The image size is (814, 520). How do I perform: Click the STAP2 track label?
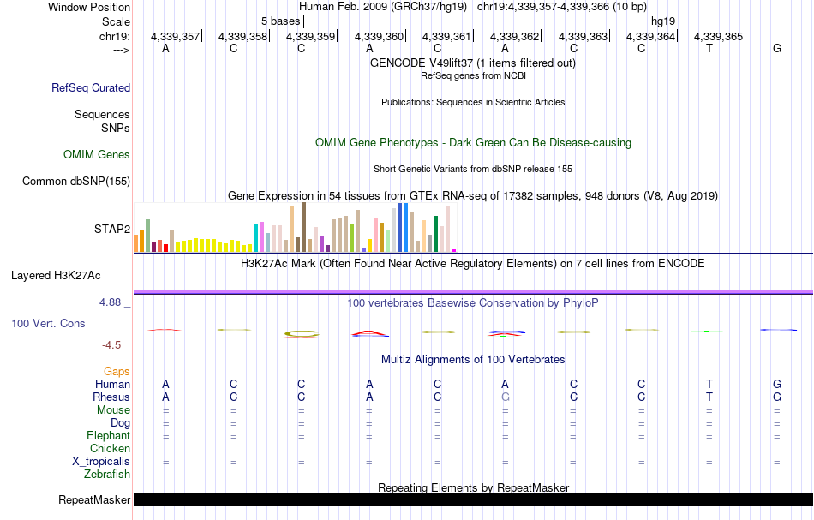(112, 229)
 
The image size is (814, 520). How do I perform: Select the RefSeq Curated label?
(91, 87)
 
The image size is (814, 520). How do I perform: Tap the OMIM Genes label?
(97, 154)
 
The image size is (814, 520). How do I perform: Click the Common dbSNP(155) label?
(76, 181)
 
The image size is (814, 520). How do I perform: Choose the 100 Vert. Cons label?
(48, 323)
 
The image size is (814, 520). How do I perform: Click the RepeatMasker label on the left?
(94, 499)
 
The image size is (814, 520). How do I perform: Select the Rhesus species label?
(111, 397)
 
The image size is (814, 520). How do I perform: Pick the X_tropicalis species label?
(101, 461)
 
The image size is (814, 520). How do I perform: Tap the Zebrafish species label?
(107, 474)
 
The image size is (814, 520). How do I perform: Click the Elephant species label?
(108, 435)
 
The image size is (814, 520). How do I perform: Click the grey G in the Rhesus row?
(506, 397)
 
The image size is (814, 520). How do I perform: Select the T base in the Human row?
(709, 384)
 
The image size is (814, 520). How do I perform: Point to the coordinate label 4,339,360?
(378, 36)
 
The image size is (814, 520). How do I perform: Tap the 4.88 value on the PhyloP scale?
(112, 302)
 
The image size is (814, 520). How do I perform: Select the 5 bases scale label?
(280, 21)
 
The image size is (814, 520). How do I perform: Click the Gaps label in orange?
(117, 371)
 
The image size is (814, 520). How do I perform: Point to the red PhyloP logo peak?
(368, 332)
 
